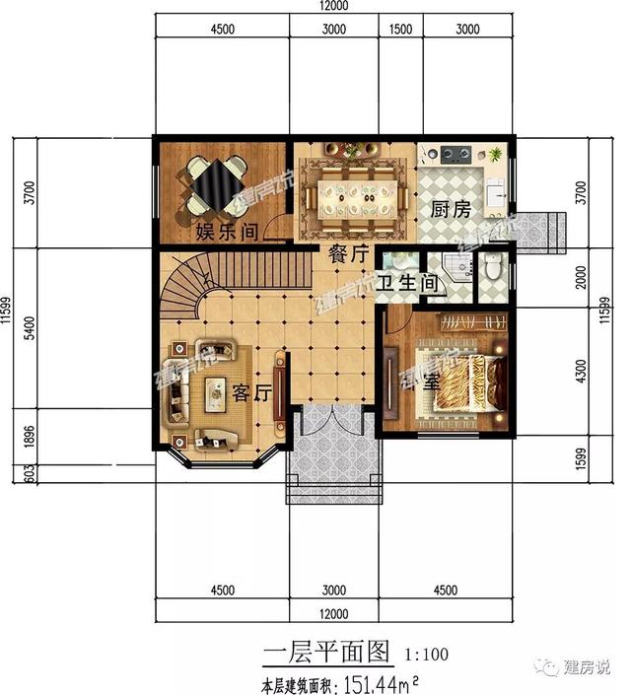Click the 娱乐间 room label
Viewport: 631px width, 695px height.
[227, 233]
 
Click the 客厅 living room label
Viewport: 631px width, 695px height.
[251, 391]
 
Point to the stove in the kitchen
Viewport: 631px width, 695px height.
[456, 154]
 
